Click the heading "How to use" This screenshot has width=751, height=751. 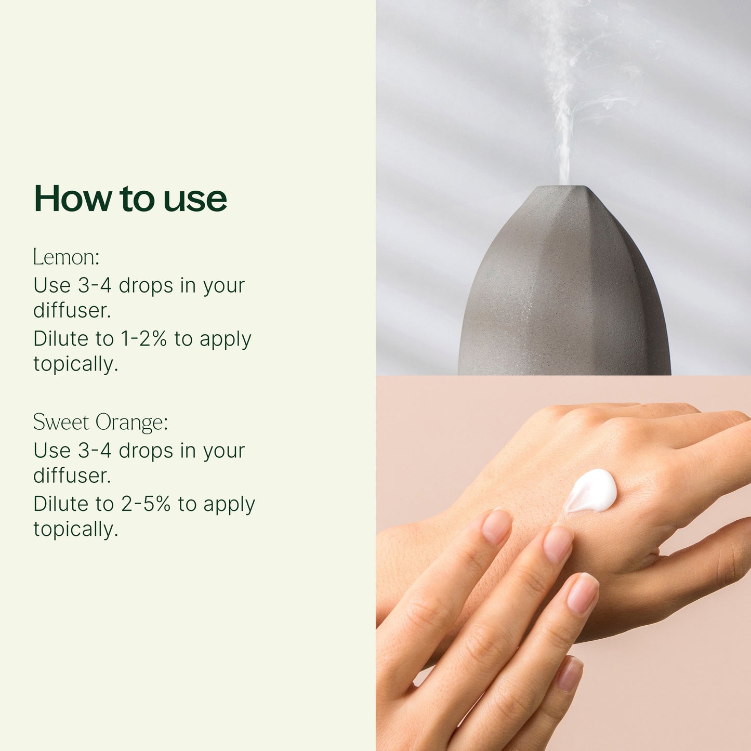pyautogui.click(x=130, y=198)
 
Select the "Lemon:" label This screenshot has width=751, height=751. pyautogui.click(x=66, y=257)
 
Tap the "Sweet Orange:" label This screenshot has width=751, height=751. pyautogui.click(x=100, y=422)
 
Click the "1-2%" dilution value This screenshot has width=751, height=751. pyautogui.click(x=144, y=338)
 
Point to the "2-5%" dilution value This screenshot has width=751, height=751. pyautogui.click(x=146, y=504)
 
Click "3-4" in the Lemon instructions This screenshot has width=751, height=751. pyautogui.click(x=95, y=285)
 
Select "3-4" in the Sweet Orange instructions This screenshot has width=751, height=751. pyautogui.click(x=95, y=451)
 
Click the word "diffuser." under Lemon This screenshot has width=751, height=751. pyautogui.click(x=72, y=311)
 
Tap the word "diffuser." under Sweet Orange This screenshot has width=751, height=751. pyautogui.click(x=72, y=476)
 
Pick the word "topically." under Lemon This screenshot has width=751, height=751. pyautogui.click(x=75, y=364)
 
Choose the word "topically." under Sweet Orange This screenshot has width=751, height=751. pyautogui.click(x=75, y=530)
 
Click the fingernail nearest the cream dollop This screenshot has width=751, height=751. pyautogui.click(x=558, y=544)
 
